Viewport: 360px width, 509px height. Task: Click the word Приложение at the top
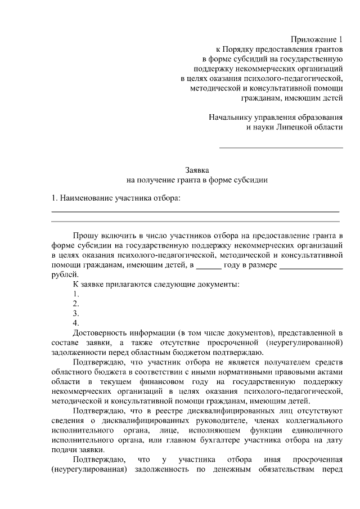[312, 39]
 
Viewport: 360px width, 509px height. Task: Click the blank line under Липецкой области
[281, 147]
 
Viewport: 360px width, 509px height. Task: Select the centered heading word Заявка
[197, 170]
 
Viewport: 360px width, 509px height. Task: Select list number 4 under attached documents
[76, 323]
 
